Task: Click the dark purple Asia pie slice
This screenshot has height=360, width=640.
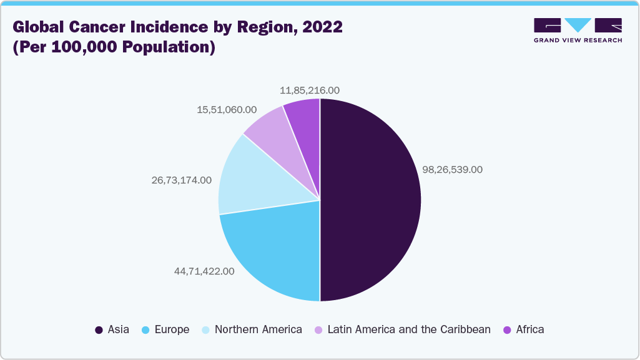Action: coord(372,200)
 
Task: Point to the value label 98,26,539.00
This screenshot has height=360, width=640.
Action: coord(453,170)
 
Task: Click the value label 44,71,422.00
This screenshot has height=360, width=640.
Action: coord(204,271)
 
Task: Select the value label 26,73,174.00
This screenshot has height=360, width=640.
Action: coord(181,180)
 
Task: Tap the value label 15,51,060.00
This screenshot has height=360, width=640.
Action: coord(227,109)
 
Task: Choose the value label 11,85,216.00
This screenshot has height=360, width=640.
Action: coord(310,90)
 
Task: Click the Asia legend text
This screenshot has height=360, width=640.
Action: coord(119,329)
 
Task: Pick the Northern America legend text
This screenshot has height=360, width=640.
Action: coord(258,329)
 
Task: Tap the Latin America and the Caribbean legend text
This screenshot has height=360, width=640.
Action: coord(409,329)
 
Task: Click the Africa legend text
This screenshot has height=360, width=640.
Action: coord(530,329)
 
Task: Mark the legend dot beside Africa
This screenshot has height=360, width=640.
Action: coord(507,329)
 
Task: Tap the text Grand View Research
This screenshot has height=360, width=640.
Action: coord(578,40)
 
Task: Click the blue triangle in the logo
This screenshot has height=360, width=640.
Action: coord(578,25)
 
